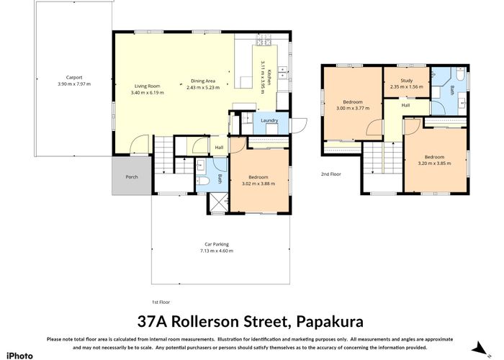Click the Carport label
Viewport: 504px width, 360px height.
(x=74, y=77)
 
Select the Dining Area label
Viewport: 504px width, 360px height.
(x=202, y=81)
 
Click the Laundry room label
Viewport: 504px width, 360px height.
(x=269, y=120)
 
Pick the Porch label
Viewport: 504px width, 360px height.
(x=132, y=176)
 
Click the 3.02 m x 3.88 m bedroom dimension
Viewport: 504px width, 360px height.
(x=257, y=184)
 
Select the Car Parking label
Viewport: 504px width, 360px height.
(x=217, y=245)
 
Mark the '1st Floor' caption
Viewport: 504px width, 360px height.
(x=160, y=302)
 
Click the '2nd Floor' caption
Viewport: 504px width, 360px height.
(x=330, y=174)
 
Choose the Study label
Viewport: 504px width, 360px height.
(x=406, y=81)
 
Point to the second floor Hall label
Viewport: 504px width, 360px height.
(x=405, y=105)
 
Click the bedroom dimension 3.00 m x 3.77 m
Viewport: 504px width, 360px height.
(x=353, y=108)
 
